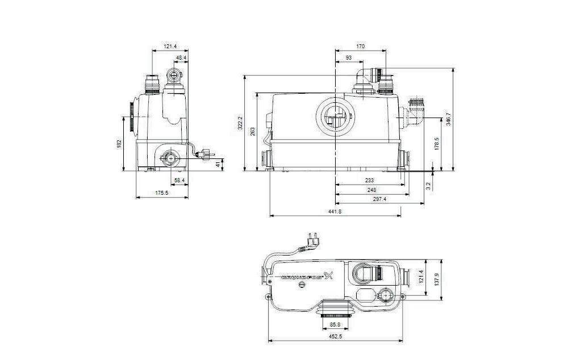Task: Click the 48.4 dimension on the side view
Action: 181,58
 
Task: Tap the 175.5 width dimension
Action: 162,193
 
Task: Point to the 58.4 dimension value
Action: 179,180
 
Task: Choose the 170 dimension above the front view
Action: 361,47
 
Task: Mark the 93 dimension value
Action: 348,58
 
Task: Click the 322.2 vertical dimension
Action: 240,123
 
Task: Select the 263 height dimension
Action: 253,131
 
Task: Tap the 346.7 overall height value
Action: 449,120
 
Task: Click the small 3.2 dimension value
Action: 428,184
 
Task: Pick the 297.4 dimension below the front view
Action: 373,199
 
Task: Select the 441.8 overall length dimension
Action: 335,211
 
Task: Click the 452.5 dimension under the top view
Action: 336,337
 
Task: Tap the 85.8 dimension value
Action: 336,325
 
